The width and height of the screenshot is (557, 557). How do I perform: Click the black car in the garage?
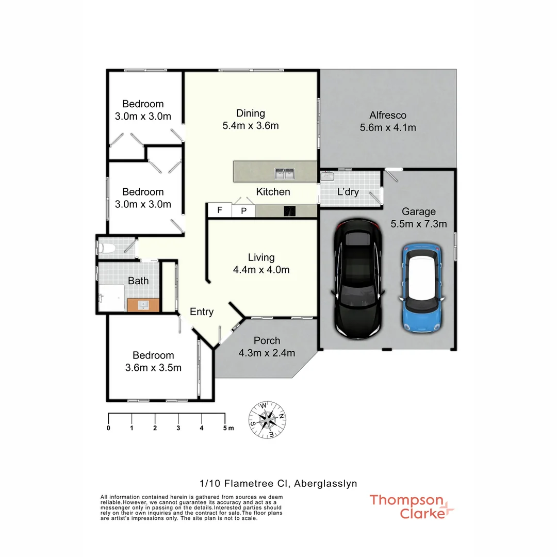tap(358, 278)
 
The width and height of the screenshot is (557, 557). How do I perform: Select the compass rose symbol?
tap(268, 420)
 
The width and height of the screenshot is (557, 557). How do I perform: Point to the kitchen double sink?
tap(284, 174)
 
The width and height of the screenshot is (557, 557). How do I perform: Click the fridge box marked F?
tap(219, 210)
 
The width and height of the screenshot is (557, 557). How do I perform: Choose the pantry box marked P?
tap(244, 210)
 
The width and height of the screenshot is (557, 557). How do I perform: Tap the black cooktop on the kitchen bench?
tap(290, 210)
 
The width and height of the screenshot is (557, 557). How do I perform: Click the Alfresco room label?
tap(388, 115)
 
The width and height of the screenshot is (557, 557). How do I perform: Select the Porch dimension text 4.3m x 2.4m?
tap(267, 353)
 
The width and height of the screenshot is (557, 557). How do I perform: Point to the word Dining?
tap(250, 113)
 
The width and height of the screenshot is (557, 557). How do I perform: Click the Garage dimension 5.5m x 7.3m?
tap(419, 224)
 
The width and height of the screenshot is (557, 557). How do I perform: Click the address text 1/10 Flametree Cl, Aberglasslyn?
tap(278, 483)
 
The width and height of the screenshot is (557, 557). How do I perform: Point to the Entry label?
tap(202, 312)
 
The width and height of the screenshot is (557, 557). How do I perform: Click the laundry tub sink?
tap(326, 177)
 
